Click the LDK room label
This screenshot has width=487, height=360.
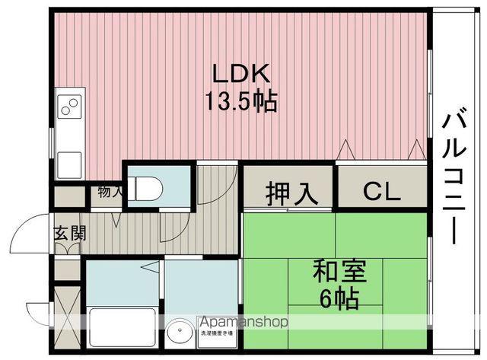pyautogui.click(x=241, y=74)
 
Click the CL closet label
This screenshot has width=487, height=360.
pyautogui.click(x=380, y=191)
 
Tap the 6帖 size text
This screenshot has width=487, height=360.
pyautogui.click(x=339, y=299)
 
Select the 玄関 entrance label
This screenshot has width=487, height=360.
pyautogui.click(x=69, y=233)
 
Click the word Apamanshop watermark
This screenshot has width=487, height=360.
pyautogui.click(x=243, y=322)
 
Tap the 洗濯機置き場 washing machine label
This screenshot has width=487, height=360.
pyautogui.click(x=218, y=334)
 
